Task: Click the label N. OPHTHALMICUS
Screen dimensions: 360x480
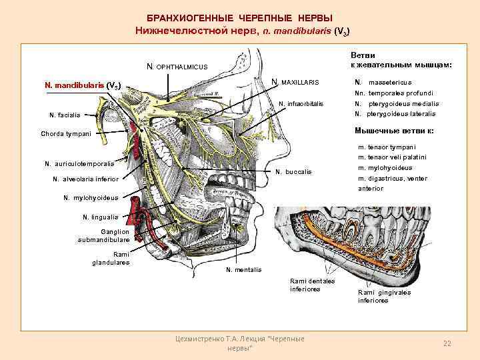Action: pyautogui.click(x=177, y=67)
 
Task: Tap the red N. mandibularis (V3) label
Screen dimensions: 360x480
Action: pyautogui.click(x=82, y=85)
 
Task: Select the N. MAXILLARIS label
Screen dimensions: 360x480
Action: pyautogui.click(x=295, y=82)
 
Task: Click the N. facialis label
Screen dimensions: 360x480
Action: pyautogui.click(x=65, y=115)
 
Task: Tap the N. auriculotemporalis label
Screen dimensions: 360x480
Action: pyautogui.click(x=79, y=163)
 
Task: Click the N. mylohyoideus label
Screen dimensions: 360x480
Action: pyautogui.click(x=91, y=197)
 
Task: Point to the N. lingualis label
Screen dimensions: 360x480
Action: pyautogui.click(x=100, y=217)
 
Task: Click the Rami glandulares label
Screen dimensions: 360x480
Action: pyautogui.click(x=111, y=258)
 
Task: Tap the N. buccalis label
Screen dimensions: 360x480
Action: pyautogui.click(x=293, y=171)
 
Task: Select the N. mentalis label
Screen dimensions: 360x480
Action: pyautogui.click(x=244, y=269)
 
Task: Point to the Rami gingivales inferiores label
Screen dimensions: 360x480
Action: pyautogui.click(x=384, y=296)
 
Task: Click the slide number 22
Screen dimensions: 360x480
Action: pyautogui.click(x=447, y=343)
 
